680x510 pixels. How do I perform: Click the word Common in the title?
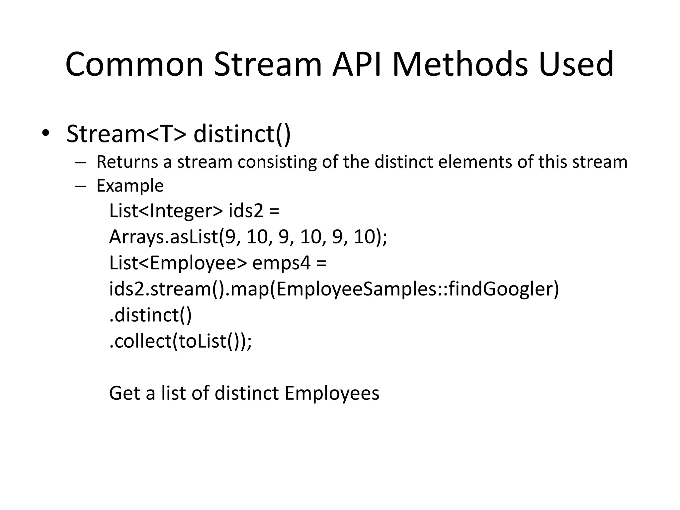pos(134,64)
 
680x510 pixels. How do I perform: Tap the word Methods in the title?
pos(460,64)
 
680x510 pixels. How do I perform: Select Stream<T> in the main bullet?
pos(126,134)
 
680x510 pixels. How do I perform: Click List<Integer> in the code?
pos(166,211)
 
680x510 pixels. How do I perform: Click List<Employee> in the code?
pos(178,263)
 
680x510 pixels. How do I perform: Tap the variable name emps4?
pos(282,263)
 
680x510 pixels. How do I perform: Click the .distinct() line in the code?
pos(150,315)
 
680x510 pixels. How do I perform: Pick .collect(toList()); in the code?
pos(181,341)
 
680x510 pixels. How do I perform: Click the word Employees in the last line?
pos(332,393)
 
